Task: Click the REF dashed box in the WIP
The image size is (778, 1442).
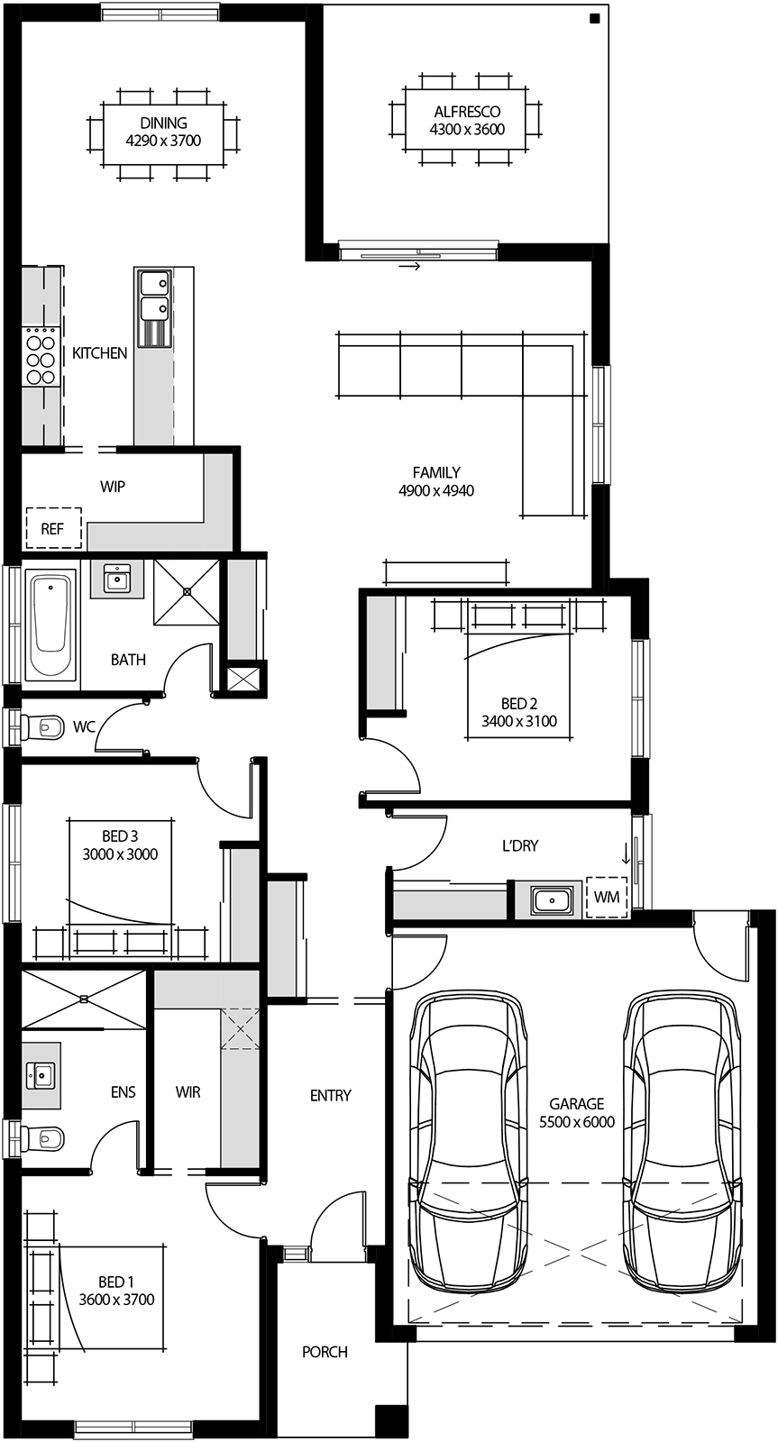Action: (53, 529)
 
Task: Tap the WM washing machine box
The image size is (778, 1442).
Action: (607, 898)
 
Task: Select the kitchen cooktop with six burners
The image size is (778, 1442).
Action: (40, 358)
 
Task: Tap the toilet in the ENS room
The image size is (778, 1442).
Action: (44, 1139)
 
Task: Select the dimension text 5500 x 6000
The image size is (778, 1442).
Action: (577, 1122)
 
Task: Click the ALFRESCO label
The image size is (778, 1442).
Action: (466, 112)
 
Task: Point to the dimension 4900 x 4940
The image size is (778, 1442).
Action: (435, 490)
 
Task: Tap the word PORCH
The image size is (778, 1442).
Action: (325, 1352)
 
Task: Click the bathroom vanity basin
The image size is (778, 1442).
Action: (115, 578)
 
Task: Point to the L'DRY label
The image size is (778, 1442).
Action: (520, 846)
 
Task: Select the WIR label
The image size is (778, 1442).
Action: (188, 1092)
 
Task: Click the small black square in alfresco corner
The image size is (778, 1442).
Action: (595, 19)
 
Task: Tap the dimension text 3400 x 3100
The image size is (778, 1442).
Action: (519, 721)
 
